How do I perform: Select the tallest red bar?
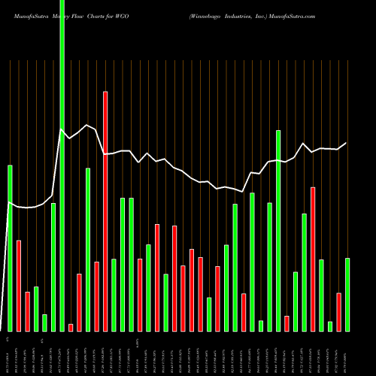coord(105,211)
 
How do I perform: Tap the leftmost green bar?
coord(10,248)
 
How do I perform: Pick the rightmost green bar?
coord(347,294)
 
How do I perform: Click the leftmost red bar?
coord(19,286)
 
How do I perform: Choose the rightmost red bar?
coord(339,311)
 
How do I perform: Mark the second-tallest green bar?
coord(278,230)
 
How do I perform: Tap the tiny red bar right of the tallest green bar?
coord(71,327)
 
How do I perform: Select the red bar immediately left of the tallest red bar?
coord(97,296)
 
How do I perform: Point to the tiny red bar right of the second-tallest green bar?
coord(287,323)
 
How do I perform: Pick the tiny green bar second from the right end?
coord(330,326)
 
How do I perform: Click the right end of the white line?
coord(347,143)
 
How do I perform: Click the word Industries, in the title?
coord(234,14)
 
